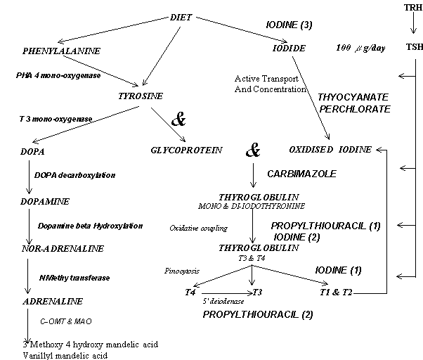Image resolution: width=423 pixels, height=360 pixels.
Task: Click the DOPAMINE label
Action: point(43,200)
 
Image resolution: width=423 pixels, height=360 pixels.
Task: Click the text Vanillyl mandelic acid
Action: point(64,355)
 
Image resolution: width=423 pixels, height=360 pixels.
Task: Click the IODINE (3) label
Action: point(289,25)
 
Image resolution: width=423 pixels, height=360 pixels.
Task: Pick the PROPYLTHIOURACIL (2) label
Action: point(257,314)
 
